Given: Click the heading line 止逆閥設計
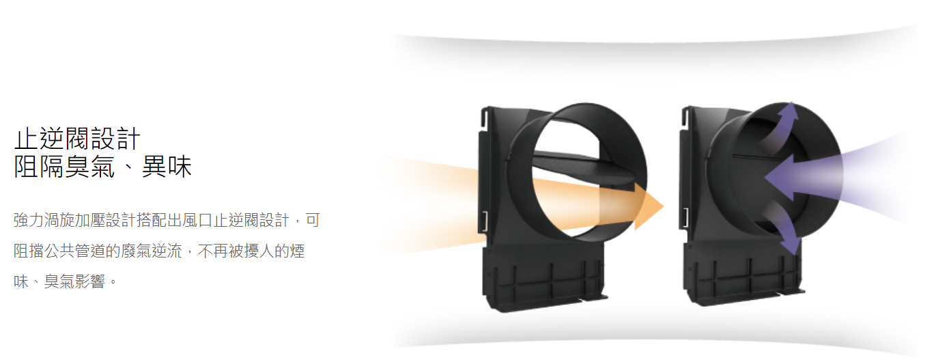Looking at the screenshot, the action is (x=77, y=139).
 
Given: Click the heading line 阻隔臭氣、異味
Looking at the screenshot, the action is (x=102, y=167).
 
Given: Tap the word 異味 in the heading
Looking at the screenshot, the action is (x=167, y=167).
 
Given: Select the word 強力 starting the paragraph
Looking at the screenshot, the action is (x=29, y=220).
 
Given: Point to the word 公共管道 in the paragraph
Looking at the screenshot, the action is (x=74, y=251).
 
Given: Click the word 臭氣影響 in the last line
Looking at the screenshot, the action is (x=74, y=281).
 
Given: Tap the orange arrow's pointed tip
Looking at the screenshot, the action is (x=663, y=206).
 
